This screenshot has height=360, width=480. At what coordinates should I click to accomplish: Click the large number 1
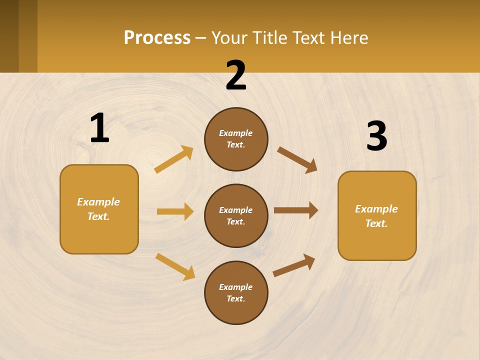(99, 128)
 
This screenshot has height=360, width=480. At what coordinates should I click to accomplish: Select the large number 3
(377, 136)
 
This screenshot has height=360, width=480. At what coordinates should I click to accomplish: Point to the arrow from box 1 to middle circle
(175, 211)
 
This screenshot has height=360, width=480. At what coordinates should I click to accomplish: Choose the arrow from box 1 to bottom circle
(175, 266)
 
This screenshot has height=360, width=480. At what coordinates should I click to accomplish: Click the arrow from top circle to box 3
(297, 159)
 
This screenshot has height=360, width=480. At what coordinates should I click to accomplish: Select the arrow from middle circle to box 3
(296, 210)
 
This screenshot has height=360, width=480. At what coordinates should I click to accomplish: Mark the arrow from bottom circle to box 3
(294, 265)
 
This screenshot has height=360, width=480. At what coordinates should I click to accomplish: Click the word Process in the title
(157, 37)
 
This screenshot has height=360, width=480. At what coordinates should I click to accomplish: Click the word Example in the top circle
(236, 133)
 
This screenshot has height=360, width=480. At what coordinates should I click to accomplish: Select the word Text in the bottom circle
(235, 298)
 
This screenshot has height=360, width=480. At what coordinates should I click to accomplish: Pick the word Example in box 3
(376, 209)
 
